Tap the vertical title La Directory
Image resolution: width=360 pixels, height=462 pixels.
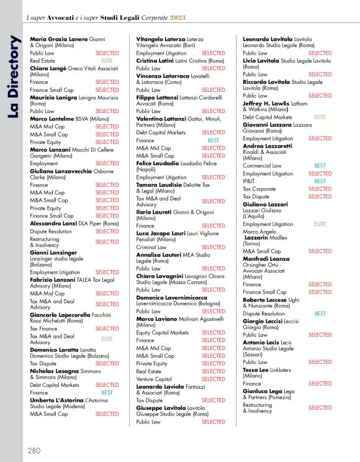13,68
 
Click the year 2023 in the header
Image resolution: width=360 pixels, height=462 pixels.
177,16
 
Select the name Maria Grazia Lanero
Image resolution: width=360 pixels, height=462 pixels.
59,40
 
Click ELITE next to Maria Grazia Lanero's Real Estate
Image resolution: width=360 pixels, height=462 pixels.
107,61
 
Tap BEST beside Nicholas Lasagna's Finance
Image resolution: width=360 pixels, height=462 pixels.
107,392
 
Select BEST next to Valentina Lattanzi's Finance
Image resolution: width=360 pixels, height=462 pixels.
213,140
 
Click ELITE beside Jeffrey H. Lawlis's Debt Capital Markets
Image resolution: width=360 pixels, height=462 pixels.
320,117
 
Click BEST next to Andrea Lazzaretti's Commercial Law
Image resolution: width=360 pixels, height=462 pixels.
320,166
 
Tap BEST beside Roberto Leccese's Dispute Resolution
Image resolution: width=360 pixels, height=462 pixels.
320,314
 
